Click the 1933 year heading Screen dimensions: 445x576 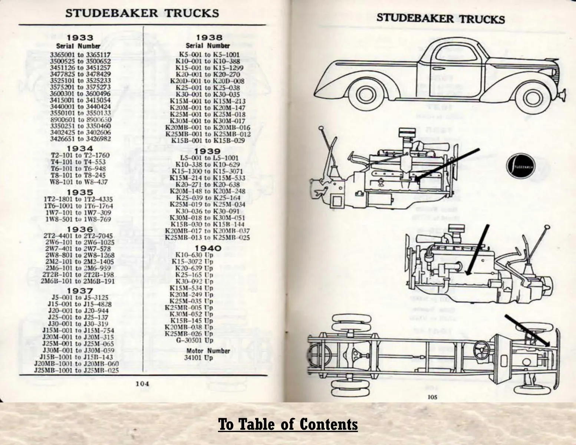pos(80,38)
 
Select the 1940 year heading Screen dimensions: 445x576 pos(208,248)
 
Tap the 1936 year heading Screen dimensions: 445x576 pos(80,229)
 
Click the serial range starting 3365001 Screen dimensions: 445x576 pos(80,55)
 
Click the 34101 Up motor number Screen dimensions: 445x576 pos(199,358)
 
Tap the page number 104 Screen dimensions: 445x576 pos(142,384)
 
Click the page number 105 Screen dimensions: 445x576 pos(432,397)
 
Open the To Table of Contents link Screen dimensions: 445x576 pos(288,424)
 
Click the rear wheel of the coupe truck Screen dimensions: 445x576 pos(363,96)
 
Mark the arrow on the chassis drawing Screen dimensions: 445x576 pos(527,331)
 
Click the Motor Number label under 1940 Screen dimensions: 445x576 pos(208,351)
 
